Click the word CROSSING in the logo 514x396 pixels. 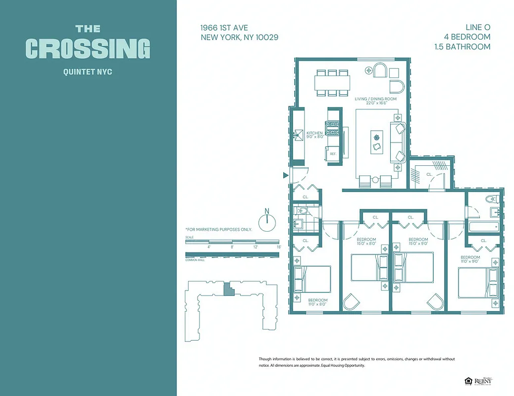(x=88, y=49)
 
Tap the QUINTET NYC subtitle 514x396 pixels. (x=88, y=72)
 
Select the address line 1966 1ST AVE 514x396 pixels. (x=224, y=28)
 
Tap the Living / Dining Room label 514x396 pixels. (x=376, y=99)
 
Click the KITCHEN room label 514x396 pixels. (x=314, y=133)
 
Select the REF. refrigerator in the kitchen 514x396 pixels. (x=333, y=154)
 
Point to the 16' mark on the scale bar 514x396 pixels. (x=279, y=247)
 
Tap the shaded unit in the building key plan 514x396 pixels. (x=228, y=289)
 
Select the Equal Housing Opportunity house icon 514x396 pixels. (x=468, y=380)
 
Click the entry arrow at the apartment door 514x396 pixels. (x=285, y=175)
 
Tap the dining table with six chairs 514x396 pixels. (x=332, y=82)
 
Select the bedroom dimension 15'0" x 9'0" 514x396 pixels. (x=418, y=243)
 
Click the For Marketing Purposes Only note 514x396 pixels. (x=218, y=230)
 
